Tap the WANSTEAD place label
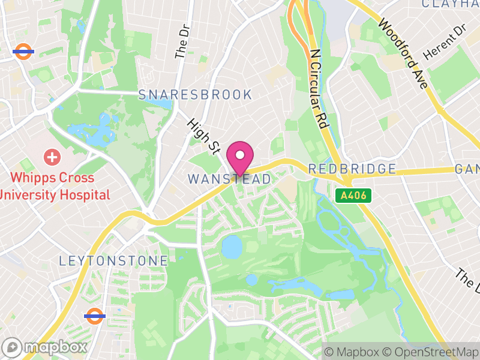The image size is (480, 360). pyautogui.click(x=229, y=179)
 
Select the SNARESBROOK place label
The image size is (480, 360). pyautogui.click(x=195, y=95)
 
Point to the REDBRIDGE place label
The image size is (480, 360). pyautogui.click(x=352, y=169)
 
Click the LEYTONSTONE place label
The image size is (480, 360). pyautogui.click(x=113, y=261)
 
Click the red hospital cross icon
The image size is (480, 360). pyautogui.click(x=53, y=158)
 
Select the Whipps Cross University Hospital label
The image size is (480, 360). pyautogui.click(x=55, y=186)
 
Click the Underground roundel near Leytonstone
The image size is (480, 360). pyautogui.click(x=95, y=316)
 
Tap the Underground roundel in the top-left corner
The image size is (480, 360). pyautogui.click(x=23, y=52)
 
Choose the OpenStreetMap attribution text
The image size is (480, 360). pyautogui.click(x=430, y=352)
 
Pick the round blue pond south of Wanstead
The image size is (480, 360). pyautogui.click(x=231, y=246)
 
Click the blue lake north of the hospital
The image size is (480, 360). pyautogui.click(x=90, y=133)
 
